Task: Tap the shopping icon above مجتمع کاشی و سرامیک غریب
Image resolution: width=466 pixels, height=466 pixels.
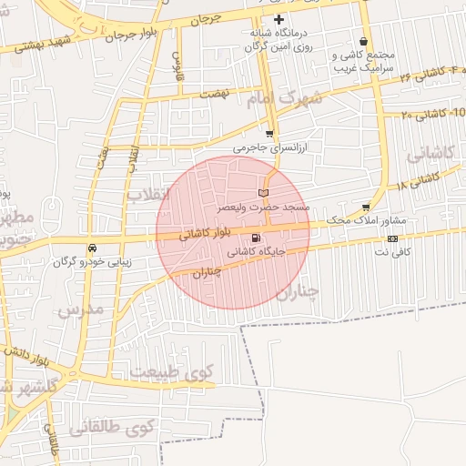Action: click(x=364, y=42)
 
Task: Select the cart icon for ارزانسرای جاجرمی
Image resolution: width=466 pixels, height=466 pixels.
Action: click(x=268, y=134)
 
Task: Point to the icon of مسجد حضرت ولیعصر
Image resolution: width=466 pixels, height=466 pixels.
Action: click(x=264, y=193)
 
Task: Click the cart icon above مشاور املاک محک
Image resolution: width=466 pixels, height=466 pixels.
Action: click(x=366, y=208)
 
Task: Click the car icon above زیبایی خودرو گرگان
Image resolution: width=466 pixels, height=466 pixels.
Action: click(x=93, y=248)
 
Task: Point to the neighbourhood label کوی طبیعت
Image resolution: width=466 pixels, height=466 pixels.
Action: click(x=171, y=371)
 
